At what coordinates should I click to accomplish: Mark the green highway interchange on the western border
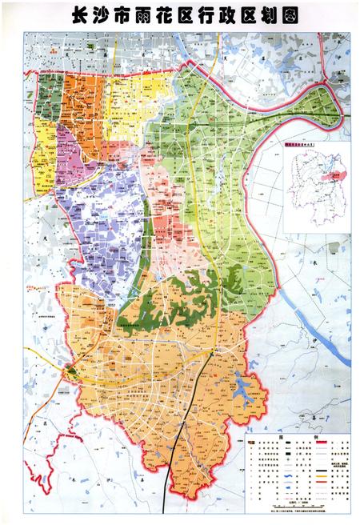click(71, 370)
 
